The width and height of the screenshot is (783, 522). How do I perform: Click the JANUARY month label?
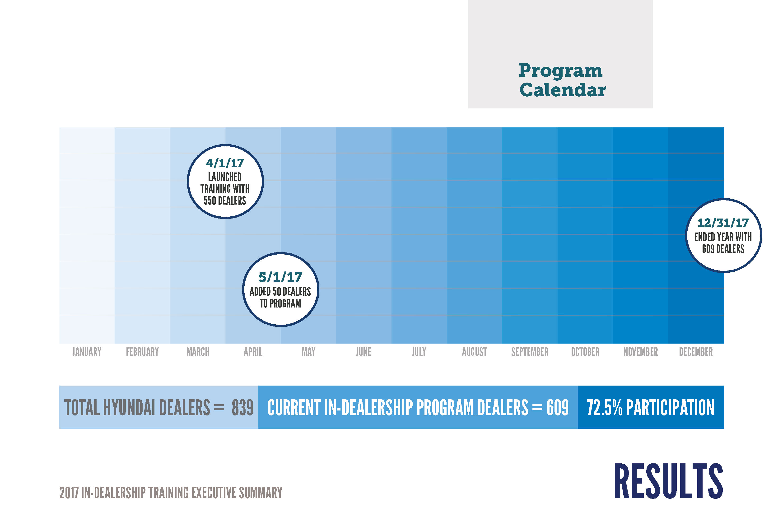(87, 352)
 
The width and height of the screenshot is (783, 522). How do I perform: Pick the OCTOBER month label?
(585, 352)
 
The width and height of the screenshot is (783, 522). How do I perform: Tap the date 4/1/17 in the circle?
(225, 163)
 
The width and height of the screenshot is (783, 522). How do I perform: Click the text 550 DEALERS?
(225, 201)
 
